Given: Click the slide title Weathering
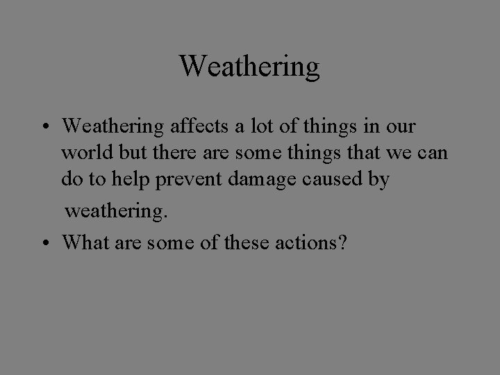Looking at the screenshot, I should (x=249, y=66).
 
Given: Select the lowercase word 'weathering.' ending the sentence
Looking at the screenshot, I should (x=117, y=211).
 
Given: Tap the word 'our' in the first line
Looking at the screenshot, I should (x=403, y=126).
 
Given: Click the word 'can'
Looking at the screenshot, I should (x=433, y=153).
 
